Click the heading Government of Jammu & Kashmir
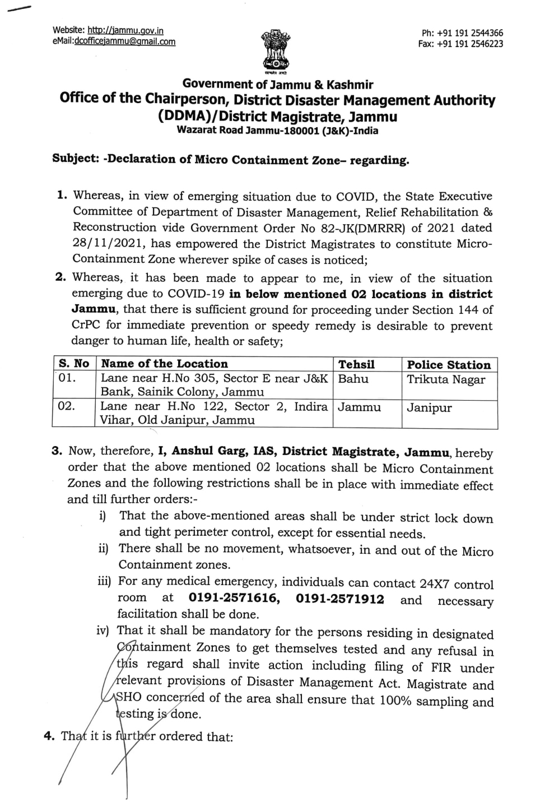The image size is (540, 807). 278,85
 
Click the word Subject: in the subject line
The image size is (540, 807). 75,158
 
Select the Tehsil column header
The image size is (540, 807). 356,364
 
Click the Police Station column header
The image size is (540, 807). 449,365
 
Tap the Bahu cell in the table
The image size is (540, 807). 353,379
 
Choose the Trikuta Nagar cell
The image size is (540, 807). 446,379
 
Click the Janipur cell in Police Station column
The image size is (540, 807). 429,407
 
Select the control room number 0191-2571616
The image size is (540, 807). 234,599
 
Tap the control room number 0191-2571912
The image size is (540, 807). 340,599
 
